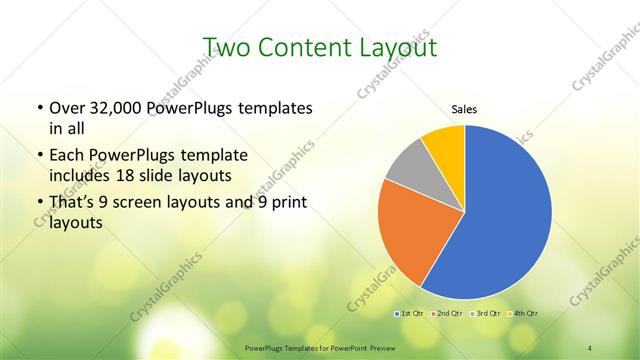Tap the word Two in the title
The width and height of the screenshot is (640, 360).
(226, 47)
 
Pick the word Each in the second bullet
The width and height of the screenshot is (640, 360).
(66, 156)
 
